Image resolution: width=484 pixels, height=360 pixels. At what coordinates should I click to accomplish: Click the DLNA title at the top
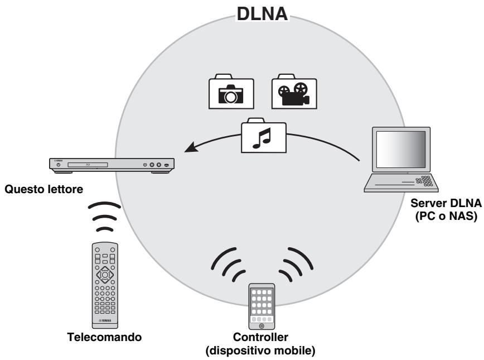click(262, 13)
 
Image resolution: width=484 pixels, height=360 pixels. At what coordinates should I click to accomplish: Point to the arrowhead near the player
click(191, 148)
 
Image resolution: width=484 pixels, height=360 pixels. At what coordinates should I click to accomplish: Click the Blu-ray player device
click(112, 165)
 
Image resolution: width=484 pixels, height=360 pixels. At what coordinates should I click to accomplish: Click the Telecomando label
click(104, 338)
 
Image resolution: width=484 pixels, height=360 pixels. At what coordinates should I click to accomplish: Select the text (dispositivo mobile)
click(262, 351)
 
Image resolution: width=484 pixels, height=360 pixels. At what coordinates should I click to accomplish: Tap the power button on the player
click(57, 165)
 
